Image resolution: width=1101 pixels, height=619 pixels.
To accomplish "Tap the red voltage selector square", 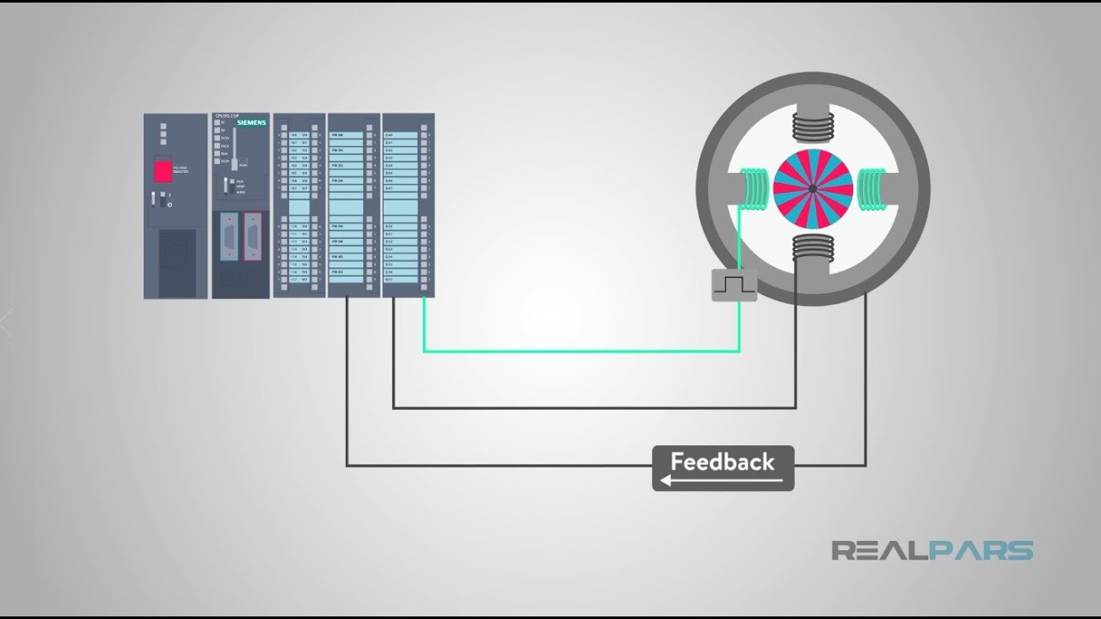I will click(x=163, y=170).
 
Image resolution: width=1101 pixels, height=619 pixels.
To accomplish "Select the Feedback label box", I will click(x=723, y=469).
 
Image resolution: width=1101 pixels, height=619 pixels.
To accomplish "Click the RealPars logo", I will click(x=932, y=550).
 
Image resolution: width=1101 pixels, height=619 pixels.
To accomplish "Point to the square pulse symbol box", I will click(x=734, y=285).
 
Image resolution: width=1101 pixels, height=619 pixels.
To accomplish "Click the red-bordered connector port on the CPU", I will click(x=252, y=236).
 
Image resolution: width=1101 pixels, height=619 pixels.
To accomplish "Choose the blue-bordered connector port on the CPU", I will click(x=229, y=236).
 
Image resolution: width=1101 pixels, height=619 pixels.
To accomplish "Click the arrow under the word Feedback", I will click(x=723, y=481).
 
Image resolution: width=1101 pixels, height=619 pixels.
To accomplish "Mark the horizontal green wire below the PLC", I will click(x=581, y=351).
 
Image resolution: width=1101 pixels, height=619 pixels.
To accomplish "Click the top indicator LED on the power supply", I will click(x=163, y=124).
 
